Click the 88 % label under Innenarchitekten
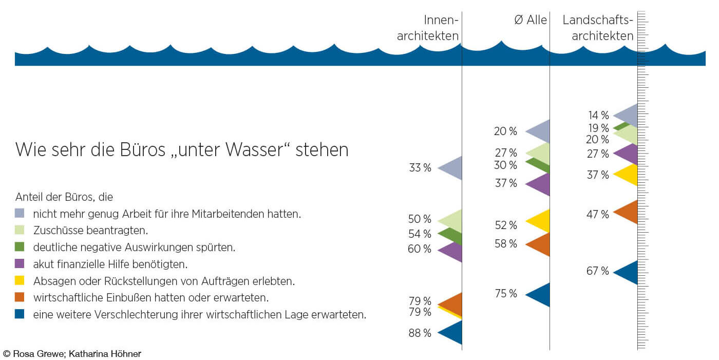click(420, 333)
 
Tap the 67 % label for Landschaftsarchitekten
click(597, 271)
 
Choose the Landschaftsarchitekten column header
click(598, 28)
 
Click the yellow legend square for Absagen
click(20, 281)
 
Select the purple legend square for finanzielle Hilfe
click(20, 264)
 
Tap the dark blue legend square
click(20, 314)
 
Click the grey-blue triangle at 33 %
click(453, 168)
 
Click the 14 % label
click(598, 116)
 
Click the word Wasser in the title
click(255, 150)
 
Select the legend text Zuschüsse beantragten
click(83, 230)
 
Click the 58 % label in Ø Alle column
click(506, 244)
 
